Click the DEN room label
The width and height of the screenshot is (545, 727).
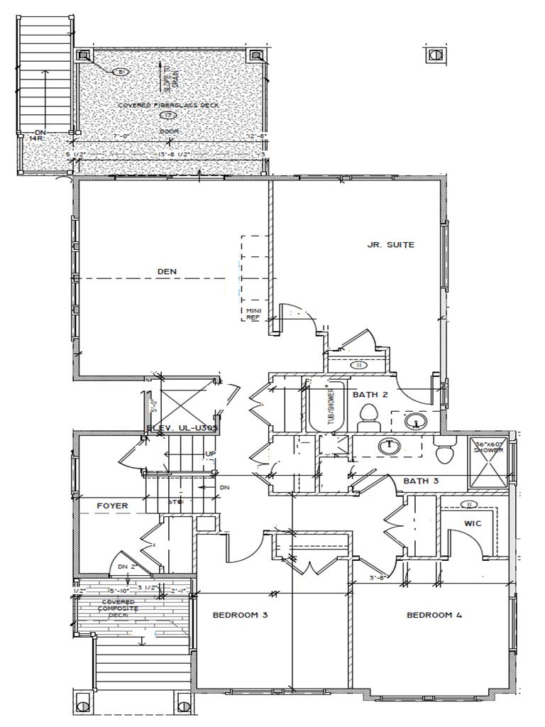point(167,271)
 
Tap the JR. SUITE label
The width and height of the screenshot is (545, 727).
point(390,245)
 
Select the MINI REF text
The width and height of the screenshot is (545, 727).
point(253,315)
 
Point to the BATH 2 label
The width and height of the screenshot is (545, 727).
point(370,394)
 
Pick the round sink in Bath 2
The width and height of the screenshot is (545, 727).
point(414,422)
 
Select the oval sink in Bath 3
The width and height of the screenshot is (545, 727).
point(387,447)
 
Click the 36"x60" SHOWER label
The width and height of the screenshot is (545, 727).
point(489,447)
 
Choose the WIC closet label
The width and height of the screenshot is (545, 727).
point(473,523)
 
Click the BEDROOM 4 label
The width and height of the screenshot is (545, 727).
point(434,615)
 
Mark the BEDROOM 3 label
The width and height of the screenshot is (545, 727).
point(240,615)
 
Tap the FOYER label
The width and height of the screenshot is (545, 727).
point(112,505)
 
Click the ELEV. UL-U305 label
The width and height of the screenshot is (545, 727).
point(181,428)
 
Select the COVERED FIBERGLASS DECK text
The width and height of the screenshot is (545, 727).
point(168,105)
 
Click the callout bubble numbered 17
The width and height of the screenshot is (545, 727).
point(168,115)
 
